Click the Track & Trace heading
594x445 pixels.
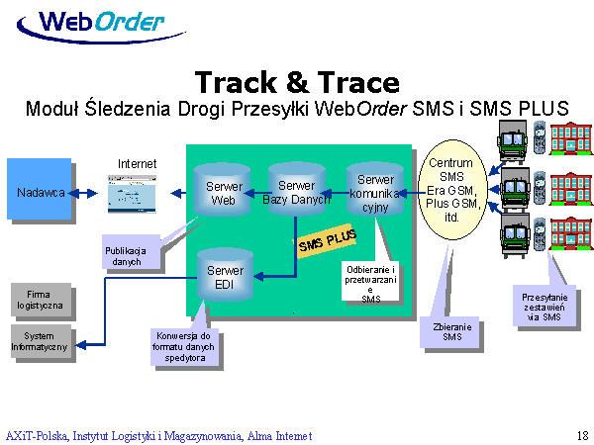pyautogui.click(x=297, y=81)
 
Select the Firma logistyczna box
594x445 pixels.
pyautogui.click(x=40, y=299)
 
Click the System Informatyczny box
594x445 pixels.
pyautogui.click(x=40, y=341)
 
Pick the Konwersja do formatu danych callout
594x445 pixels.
pyautogui.click(x=179, y=345)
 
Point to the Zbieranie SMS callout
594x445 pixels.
pyautogui.click(x=452, y=331)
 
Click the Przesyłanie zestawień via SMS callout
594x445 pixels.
pyautogui.click(x=544, y=304)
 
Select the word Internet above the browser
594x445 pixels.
pyautogui.click(x=137, y=163)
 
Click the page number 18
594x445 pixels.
pyautogui.click(x=581, y=435)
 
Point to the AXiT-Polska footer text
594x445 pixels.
pyautogui.click(x=158, y=435)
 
